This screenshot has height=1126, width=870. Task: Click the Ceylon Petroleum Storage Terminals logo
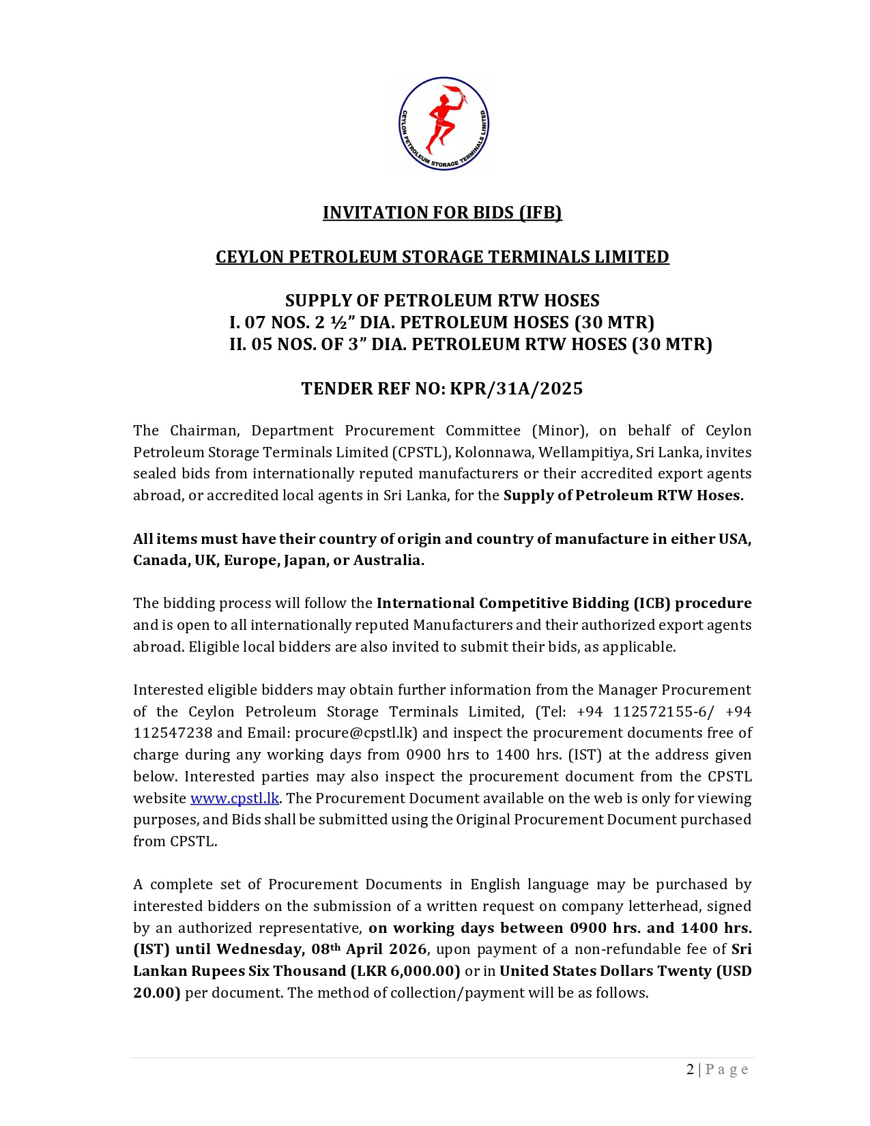click(x=444, y=124)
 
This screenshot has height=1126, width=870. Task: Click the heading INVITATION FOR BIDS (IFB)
click(x=442, y=213)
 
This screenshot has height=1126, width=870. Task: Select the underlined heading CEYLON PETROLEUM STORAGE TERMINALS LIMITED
click(x=442, y=257)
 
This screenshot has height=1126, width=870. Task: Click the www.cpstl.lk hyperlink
click(x=234, y=798)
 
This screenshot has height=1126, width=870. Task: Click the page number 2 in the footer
click(x=691, y=1069)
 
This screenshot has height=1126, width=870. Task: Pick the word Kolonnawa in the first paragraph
click(x=484, y=452)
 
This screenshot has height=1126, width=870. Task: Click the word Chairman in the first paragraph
click(x=203, y=431)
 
